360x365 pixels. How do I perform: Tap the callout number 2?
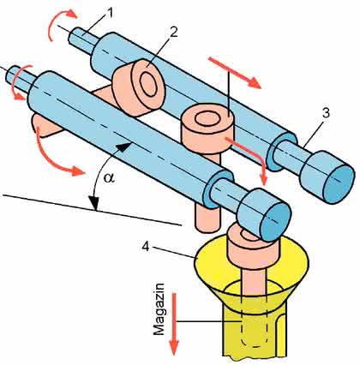click(x=173, y=33)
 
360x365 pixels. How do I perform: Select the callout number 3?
click(x=326, y=113)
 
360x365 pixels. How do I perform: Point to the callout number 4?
click(x=146, y=247)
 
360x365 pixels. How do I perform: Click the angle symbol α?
click(x=109, y=178)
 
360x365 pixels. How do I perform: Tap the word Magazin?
click(x=159, y=309)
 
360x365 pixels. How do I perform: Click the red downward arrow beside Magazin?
click(x=174, y=324)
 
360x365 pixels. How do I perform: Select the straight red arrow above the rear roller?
click(x=235, y=73)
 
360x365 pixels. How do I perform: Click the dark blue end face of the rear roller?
click(x=339, y=184)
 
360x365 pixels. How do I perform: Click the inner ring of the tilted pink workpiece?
click(x=148, y=84)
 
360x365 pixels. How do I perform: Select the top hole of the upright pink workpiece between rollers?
click(x=207, y=119)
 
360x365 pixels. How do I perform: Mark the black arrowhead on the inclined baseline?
click(x=93, y=203)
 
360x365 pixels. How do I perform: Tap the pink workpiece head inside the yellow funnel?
click(x=248, y=249)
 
